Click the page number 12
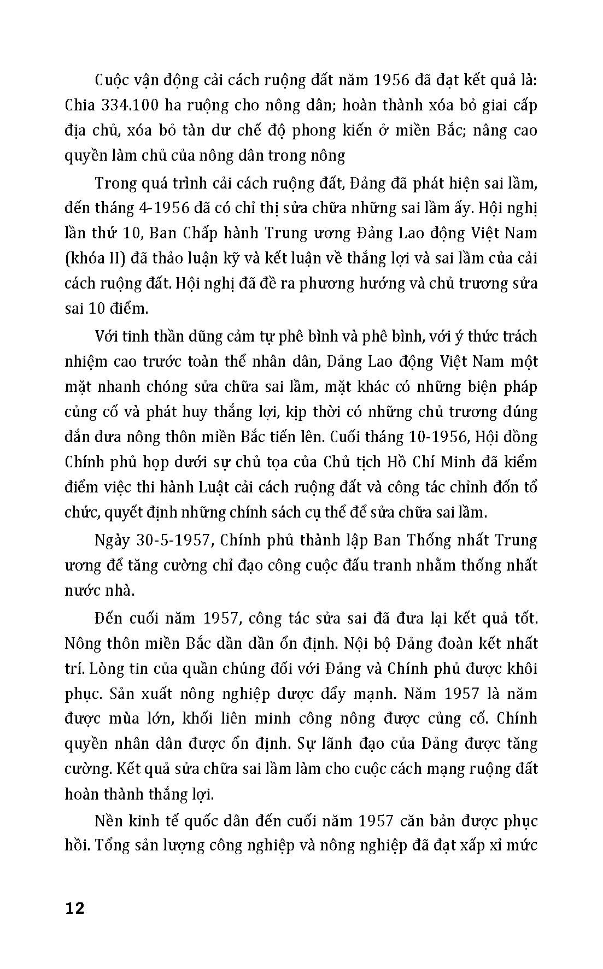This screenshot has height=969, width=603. tap(75, 908)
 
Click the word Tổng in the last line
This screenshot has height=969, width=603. tap(114, 846)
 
